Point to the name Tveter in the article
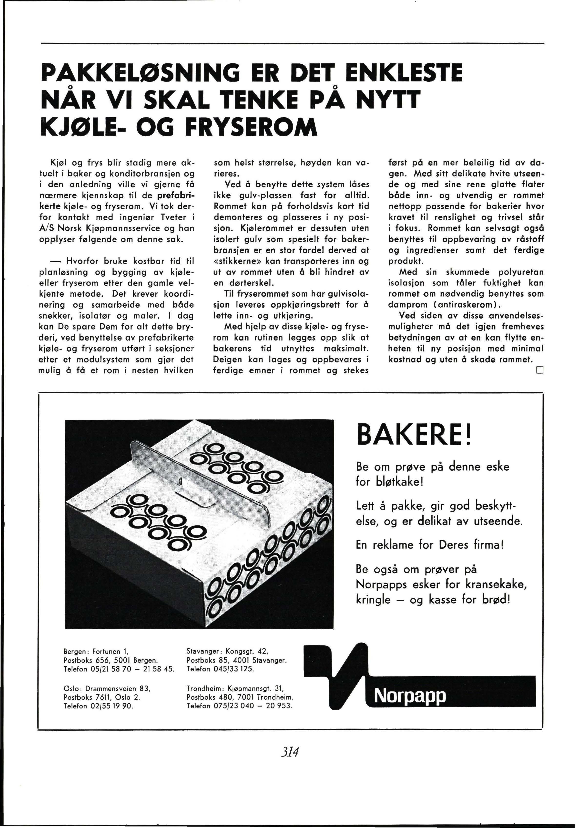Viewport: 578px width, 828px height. click(173, 217)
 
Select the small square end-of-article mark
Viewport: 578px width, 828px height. click(539, 370)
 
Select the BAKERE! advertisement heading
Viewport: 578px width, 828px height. click(413, 435)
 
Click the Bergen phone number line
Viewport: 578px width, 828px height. click(119, 669)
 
